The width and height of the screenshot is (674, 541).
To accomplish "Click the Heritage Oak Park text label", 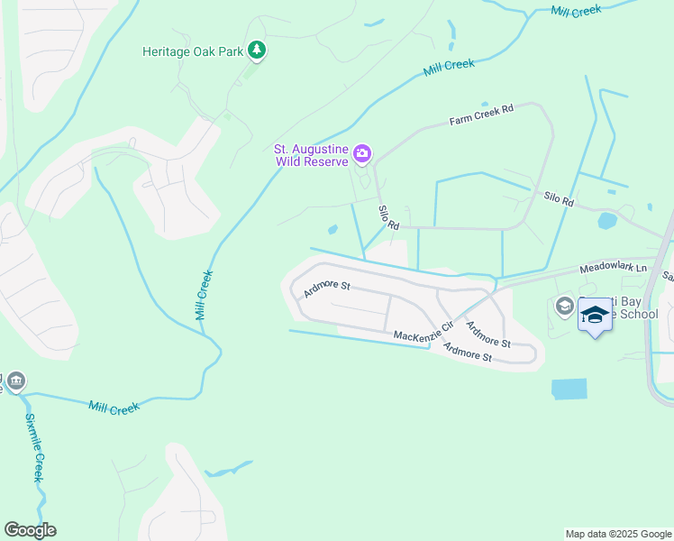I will [193, 51].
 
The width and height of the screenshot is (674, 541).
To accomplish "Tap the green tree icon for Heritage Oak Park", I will [258, 50].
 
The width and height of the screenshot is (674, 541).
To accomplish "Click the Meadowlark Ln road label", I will [613, 268].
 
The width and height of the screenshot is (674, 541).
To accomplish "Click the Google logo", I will [30, 530].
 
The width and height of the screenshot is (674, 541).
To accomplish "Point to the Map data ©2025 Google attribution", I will [617, 534].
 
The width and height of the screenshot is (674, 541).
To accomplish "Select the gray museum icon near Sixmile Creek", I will [15, 383].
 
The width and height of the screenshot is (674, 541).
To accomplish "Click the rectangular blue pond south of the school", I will [569, 389].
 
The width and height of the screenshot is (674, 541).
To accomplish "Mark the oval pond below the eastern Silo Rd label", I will [606, 220].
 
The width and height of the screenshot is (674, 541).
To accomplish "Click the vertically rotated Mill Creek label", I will [204, 296].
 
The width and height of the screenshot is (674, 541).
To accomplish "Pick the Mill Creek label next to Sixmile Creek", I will [114, 408].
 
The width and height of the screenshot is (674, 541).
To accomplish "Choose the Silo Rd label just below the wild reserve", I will [388, 217].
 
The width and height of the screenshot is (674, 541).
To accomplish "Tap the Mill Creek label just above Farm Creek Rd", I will [449, 66].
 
